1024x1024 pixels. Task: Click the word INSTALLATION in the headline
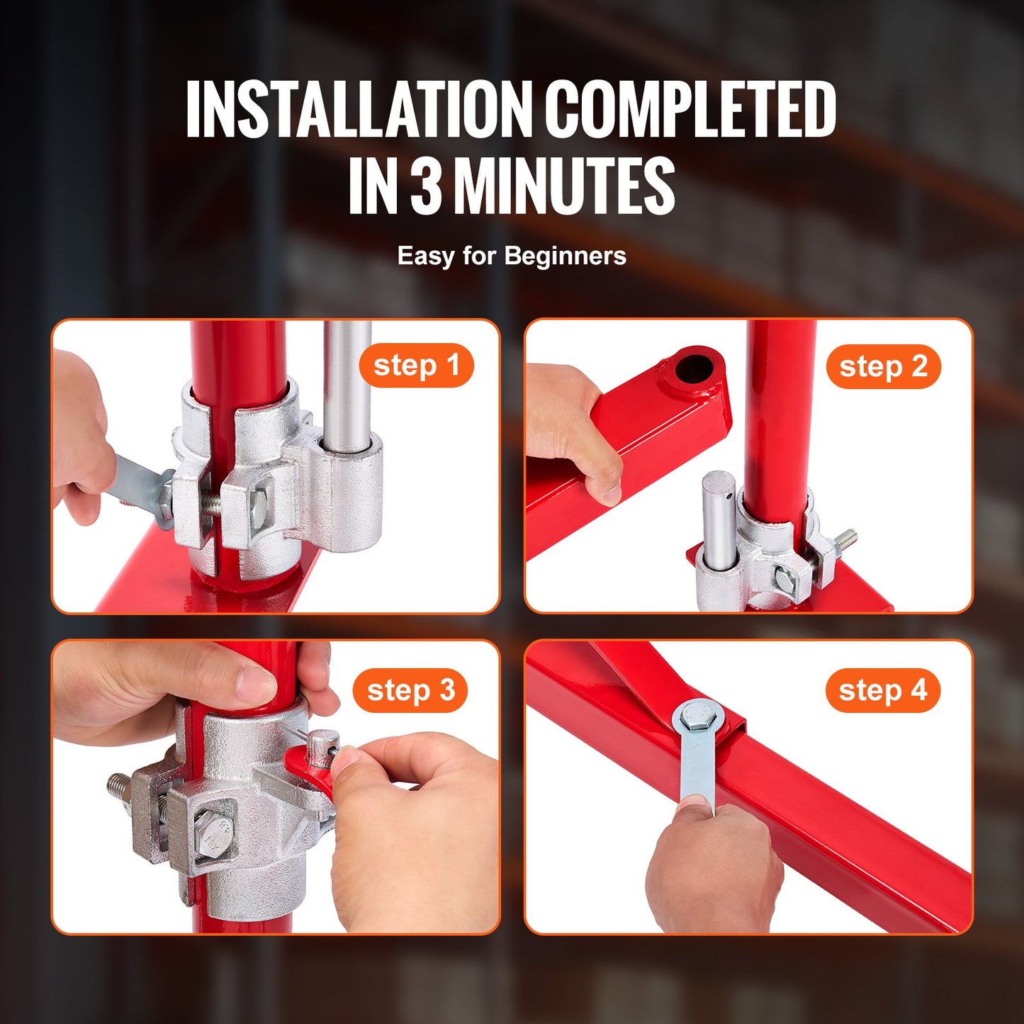coord(360,109)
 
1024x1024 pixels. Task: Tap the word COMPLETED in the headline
coord(690,109)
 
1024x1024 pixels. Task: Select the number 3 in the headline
coord(427,186)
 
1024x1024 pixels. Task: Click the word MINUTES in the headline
coord(564,186)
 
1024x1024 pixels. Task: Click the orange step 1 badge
coord(416,366)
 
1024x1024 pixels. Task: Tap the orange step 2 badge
coord(883,366)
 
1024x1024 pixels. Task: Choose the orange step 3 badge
coord(410,690)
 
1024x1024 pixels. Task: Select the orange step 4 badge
coord(882,690)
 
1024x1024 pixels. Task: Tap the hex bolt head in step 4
coord(695,719)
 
